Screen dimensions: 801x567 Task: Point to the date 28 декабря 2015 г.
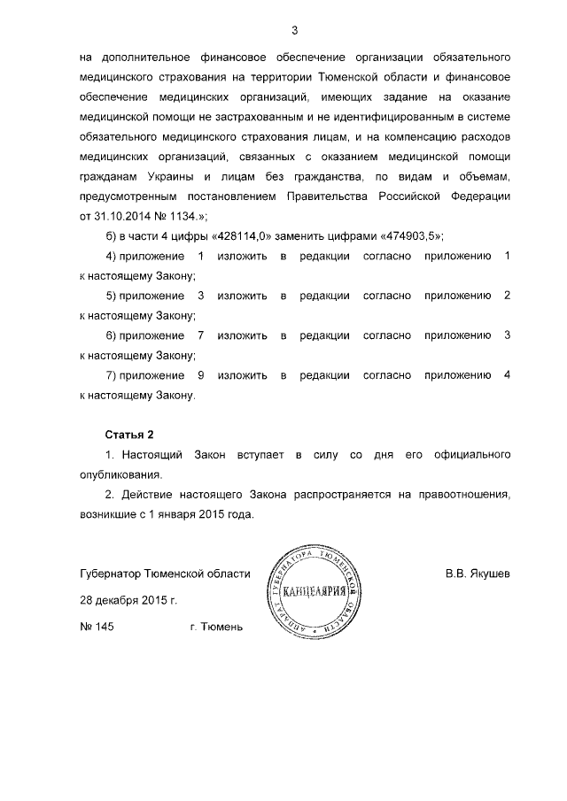click(128, 600)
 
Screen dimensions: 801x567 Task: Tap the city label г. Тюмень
click(215, 627)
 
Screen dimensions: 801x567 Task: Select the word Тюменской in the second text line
click(338, 77)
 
